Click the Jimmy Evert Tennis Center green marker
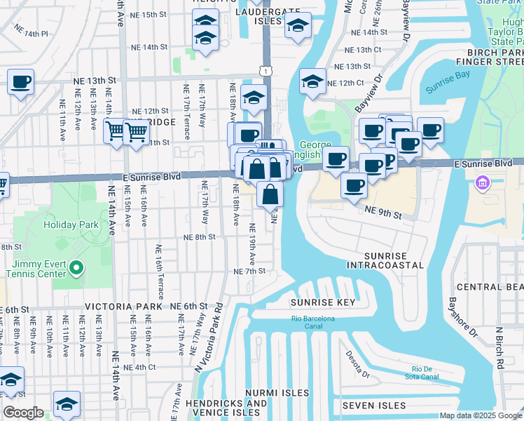(78, 268)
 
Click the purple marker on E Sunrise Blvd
(481, 185)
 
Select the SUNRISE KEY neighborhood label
(323, 302)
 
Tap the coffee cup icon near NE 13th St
(20, 81)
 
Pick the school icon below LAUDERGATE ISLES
(298, 27)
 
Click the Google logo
(23, 413)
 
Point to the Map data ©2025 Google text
(481, 415)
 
